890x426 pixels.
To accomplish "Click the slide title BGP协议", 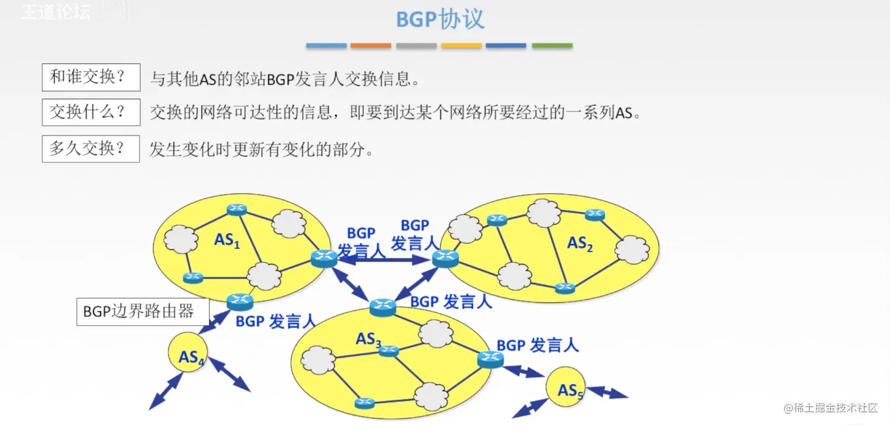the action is click(x=440, y=19).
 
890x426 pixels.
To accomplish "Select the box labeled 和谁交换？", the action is click(x=91, y=77).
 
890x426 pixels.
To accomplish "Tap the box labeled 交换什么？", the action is click(x=91, y=113).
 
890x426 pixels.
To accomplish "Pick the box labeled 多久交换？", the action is click(x=91, y=148).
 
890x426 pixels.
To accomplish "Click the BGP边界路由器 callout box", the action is click(x=143, y=312).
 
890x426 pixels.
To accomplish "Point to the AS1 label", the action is click(x=227, y=240).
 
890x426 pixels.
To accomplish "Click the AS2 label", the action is click(x=579, y=243).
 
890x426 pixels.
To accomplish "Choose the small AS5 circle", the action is click(x=567, y=389).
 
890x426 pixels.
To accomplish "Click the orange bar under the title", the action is click(x=371, y=45).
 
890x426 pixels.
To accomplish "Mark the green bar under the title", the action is click(x=552, y=45).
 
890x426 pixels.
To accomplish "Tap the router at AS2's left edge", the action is click(x=446, y=258).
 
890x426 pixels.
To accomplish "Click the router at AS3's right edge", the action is click(x=490, y=358).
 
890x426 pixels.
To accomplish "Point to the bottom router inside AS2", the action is click(x=564, y=288).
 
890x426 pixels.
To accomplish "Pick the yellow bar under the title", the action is click(x=461, y=45).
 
